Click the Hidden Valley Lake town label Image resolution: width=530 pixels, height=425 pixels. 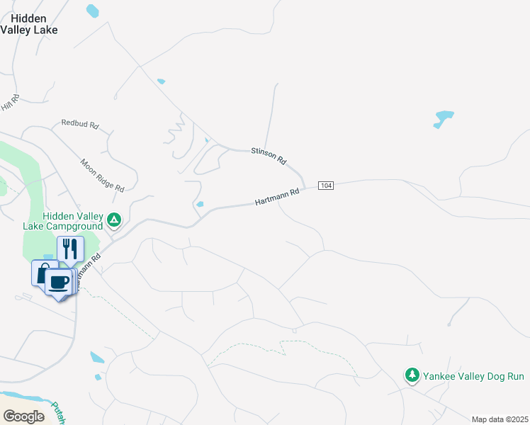click(x=29, y=24)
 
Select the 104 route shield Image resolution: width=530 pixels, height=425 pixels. click(x=326, y=186)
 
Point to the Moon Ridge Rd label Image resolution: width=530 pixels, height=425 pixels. click(x=102, y=175)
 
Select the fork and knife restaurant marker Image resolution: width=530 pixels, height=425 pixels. click(x=70, y=249)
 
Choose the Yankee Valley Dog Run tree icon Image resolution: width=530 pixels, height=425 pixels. click(x=412, y=375)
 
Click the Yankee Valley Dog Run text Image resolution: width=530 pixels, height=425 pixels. click(x=473, y=376)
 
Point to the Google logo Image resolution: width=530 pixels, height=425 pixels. click(x=23, y=416)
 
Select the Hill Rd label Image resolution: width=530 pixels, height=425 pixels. click(x=11, y=103)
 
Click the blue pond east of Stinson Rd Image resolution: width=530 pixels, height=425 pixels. click(x=443, y=118)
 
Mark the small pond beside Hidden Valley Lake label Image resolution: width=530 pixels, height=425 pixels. click(x=92, y=11)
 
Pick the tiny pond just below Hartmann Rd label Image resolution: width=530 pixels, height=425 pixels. click(x=201, y=205)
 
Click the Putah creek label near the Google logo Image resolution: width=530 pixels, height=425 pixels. click(x=60, y=412)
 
